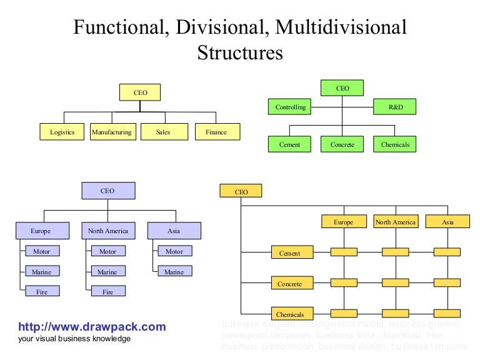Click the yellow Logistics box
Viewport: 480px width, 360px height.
(62, 132)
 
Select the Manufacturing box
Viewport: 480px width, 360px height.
(111, 132)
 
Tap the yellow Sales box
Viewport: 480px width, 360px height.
(163, 132)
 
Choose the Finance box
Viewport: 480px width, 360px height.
(216, 132)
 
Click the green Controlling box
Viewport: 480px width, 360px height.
(291, 107)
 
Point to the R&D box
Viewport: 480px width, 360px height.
(396, 107)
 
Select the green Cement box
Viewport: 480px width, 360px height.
(289, 144)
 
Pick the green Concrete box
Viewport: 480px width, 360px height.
(342, 144)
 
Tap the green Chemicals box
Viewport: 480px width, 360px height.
(395, 144)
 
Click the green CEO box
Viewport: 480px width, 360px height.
(342, 88)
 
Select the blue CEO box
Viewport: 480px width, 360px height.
(107, 191)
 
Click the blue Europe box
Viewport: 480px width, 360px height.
(41, 231)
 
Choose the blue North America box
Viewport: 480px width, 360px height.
(107, 231)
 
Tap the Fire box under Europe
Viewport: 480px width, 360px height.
(42, 291)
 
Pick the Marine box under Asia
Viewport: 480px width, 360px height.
(174, 272)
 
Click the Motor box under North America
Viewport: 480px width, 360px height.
(107, 251)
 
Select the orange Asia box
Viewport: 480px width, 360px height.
(447, 222)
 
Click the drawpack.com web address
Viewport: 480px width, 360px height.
(92, 327)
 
